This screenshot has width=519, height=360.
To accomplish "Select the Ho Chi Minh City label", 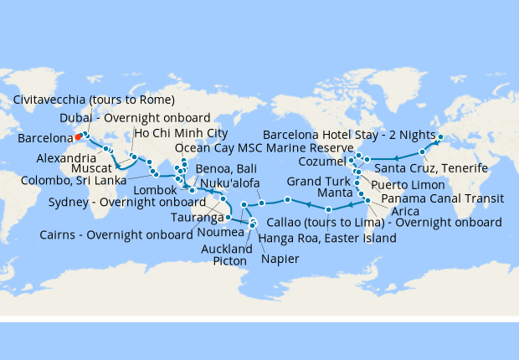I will click(x=181, y=133).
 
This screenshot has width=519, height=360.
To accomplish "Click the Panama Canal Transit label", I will click(x=441, y=198).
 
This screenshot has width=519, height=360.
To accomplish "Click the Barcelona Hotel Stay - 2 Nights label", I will click(x=349, y=133).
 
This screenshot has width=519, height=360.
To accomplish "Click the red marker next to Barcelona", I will click(x=78, y=136).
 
